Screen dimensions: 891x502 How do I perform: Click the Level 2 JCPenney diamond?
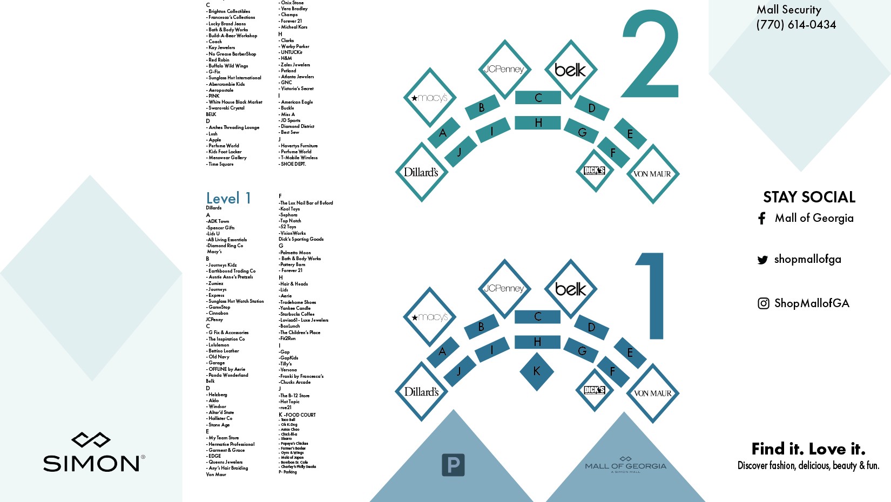tap(504, 69)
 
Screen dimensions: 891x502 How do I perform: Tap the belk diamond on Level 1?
tap(570, 289)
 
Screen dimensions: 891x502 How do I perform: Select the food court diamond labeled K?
tap(537, 371)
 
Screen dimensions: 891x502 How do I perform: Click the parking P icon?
tap(453, 465)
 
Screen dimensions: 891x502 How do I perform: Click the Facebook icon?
tap(762, 219)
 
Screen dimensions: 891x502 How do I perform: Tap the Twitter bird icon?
tap(762, 260)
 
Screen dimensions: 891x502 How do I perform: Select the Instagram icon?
tap(763, 303)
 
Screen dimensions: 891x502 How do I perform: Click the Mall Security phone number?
tap(796, 25)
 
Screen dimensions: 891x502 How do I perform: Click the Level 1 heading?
tap(228, 199)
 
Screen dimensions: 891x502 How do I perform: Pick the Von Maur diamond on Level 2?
tap(652, 174)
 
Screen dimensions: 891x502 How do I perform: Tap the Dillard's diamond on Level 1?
tap(421, 392)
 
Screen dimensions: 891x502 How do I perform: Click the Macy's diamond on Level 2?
tap(430, 98)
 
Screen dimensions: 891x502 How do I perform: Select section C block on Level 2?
tap(538, 98)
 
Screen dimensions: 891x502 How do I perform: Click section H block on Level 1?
tap(537, 342)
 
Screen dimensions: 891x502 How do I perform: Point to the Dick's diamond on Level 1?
tap(595, 390)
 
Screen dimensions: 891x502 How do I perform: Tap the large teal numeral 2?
tap(651, 57)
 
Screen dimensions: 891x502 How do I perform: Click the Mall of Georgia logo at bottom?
tap(625, 465)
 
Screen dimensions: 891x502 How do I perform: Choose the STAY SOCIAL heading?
tap(809, 197)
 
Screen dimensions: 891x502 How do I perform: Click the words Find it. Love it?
tap(808, 449)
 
